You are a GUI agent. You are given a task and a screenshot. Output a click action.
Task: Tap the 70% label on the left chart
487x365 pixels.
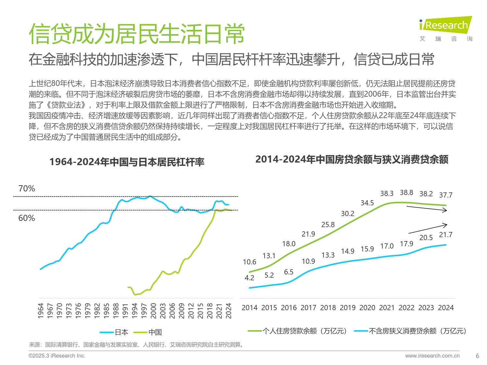pyautogui.click(x=27, y=189)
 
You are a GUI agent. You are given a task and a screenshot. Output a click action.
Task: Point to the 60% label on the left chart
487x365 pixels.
pyautogui.click(x=27, y=218)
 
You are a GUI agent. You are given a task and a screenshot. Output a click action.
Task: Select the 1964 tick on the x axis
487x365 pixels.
pyautogui.click(x=41, y=310)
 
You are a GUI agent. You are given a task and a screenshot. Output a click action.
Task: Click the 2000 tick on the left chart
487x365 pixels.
pyautogui.click(x=154, y=310)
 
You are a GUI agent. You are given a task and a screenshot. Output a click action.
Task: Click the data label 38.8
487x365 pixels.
pyautogui.click(x=406, y=193)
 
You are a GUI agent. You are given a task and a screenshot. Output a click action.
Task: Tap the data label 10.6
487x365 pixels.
pyautogui.click(x=249, y=262)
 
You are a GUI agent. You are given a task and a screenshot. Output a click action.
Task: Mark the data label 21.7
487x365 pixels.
pyautogui.click(x=445, y=235)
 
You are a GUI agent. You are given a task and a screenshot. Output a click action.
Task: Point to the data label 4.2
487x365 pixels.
pyautogui.click(x=249, y=278)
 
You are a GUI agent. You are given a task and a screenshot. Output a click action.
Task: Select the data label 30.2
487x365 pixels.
pyautogui.click(x=347, y=213)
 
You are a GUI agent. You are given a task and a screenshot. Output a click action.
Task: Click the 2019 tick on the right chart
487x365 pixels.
pyautogui.click(x=347, y=308)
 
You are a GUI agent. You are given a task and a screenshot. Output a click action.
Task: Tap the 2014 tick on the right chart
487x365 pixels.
pyautogui.click(x=249, y=308)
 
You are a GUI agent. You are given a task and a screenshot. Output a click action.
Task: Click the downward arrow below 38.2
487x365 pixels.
pyautogui.click(x=427, y=209)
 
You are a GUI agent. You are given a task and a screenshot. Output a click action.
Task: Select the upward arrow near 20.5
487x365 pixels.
pyautogui.click(x=428, y=228)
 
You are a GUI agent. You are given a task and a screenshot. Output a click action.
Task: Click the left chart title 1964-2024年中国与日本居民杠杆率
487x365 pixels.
pyautogui.click(x=127, y=162)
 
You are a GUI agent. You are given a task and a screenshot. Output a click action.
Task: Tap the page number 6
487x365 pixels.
pyautogui.click(x=477, y=356)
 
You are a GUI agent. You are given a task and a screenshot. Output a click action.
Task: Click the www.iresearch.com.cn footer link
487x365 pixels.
pyautogui.click(x=432, y=356)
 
